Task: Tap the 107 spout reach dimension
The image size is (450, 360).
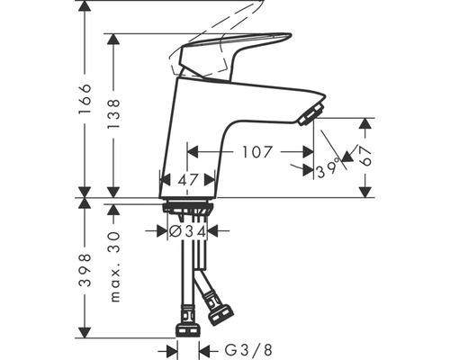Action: [x=257, y=152]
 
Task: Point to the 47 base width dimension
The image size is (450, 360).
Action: [x=188, y=180]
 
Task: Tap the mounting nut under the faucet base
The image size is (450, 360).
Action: [x=188, y=211]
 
